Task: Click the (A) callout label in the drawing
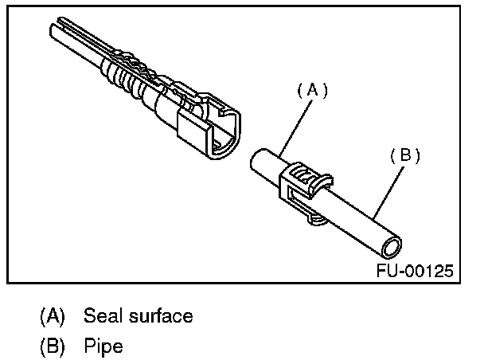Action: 313,91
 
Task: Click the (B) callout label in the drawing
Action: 405,155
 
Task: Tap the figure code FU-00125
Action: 415,270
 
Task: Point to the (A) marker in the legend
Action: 53,315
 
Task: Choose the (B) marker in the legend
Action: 53,347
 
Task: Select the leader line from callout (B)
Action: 388,191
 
